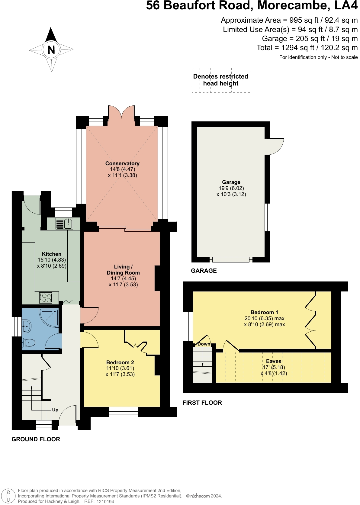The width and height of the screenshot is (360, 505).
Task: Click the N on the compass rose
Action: (x=51, y=50)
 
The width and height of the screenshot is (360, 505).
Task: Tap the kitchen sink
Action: (x=64, y=224)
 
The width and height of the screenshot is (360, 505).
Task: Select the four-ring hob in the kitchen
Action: (x=46, y=298)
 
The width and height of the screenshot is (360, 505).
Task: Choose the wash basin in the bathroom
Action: (x=27, y=326)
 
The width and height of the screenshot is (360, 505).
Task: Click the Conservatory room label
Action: (x=122, y=163)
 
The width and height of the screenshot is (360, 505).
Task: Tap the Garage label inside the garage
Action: (x=231, y=182)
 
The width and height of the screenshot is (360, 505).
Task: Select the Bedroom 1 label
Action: (x=265, y=312)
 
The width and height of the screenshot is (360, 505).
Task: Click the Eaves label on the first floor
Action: (x=274, y=361)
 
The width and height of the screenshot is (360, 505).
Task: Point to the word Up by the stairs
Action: (x=55, y=410)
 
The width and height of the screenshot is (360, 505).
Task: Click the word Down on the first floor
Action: (x=204, y=344)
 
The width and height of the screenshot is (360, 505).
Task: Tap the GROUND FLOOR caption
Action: (x=36, y=439)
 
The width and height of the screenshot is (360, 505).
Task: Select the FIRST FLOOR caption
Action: (x=202, y=403)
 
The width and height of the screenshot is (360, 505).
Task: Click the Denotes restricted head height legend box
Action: (x=221, y=80)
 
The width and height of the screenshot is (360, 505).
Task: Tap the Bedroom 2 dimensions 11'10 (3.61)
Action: (x=120, y=368)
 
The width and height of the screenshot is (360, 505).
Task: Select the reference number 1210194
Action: (x=105, y=501)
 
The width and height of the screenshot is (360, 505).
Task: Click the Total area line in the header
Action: (x=307, y=47)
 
